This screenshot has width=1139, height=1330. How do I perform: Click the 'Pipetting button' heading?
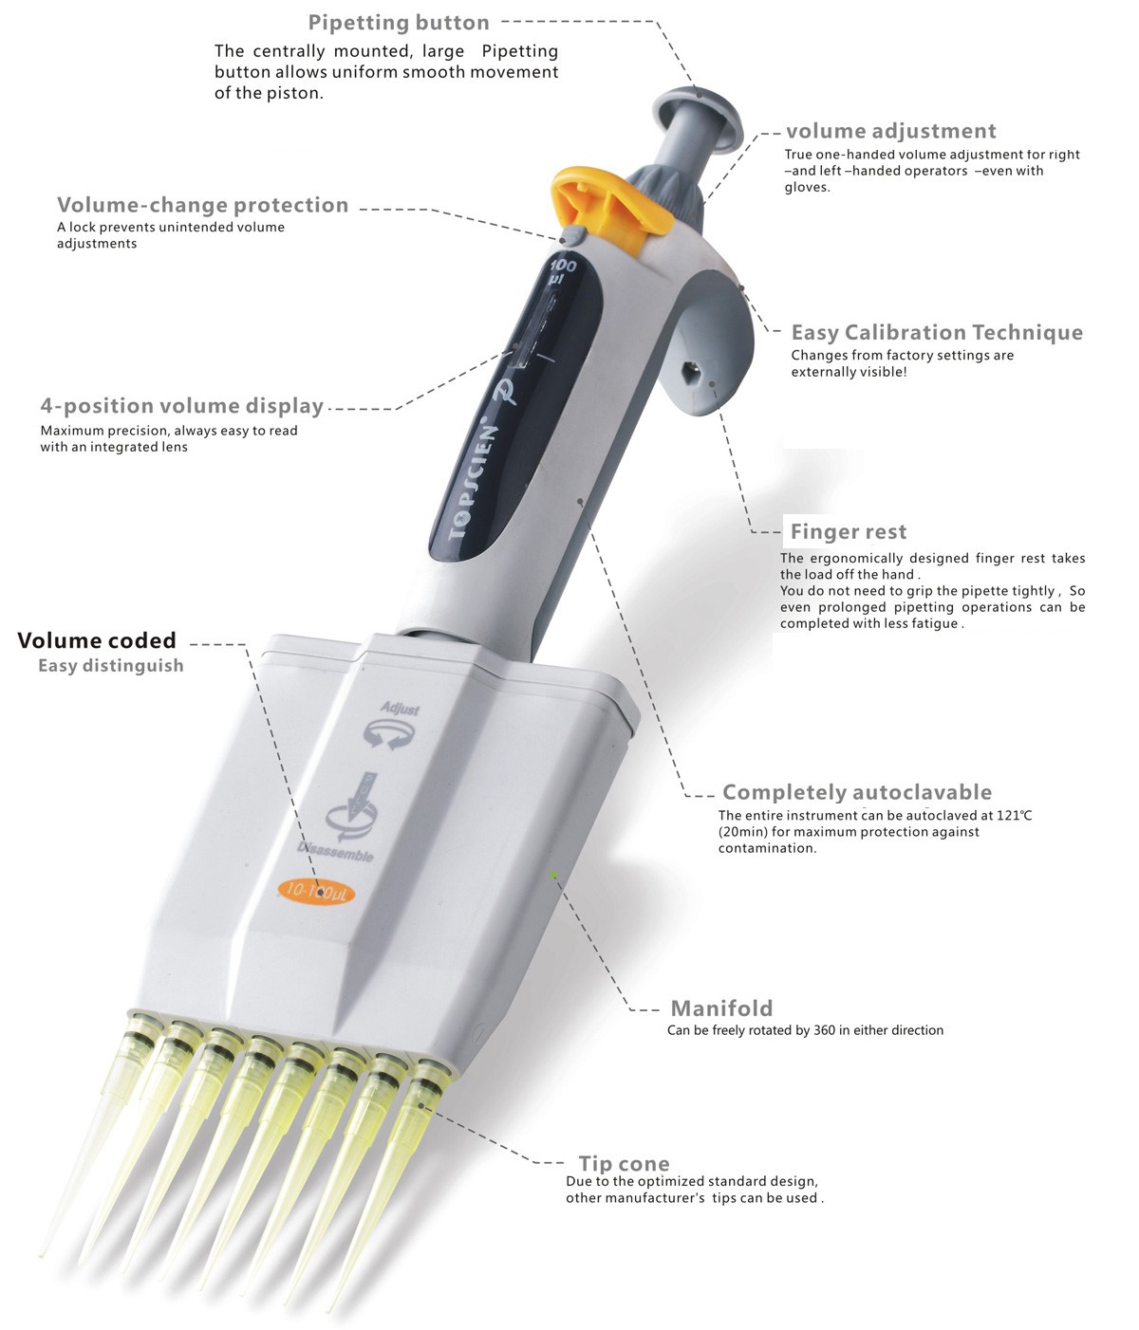click(x=399, y=23)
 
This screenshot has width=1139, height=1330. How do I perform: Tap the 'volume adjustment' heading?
click(x=890, y=132)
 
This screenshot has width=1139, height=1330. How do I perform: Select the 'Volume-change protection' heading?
click(x=202, y=205)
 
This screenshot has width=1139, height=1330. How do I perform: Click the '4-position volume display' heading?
click(x=181, y=406)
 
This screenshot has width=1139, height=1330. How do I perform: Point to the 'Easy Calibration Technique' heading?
click(x=936, y=332)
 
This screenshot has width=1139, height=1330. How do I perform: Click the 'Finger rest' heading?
click(x=848, y=531)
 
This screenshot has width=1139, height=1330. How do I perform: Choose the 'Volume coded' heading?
click(x=97, y=640)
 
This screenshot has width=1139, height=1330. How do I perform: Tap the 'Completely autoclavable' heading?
click(x=856, y=792)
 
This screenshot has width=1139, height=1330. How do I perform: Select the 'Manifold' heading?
click(x=721, y=1008)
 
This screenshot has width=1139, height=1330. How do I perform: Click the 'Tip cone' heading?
click(x=624, y=1164)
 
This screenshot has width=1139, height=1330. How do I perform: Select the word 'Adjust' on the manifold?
click(x=400, y=709)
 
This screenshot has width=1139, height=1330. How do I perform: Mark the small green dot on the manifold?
click(x=553, y=874)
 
